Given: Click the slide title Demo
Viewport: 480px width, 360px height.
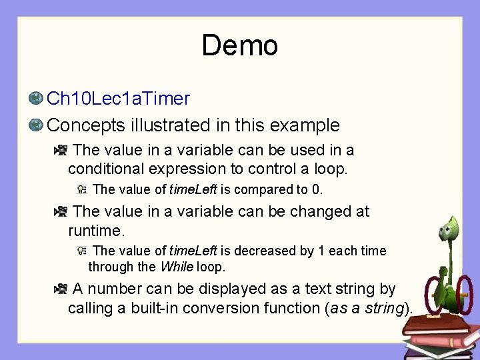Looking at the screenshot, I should pos(239,46).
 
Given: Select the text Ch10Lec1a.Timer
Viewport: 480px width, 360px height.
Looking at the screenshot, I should pos(118,99).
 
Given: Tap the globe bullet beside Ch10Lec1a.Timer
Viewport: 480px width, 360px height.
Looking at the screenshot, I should pos(36,99).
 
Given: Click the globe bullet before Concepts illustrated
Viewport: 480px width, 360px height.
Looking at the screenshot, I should pos(36,125).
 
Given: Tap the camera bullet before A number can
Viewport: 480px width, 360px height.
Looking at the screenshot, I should pos(61,289).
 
